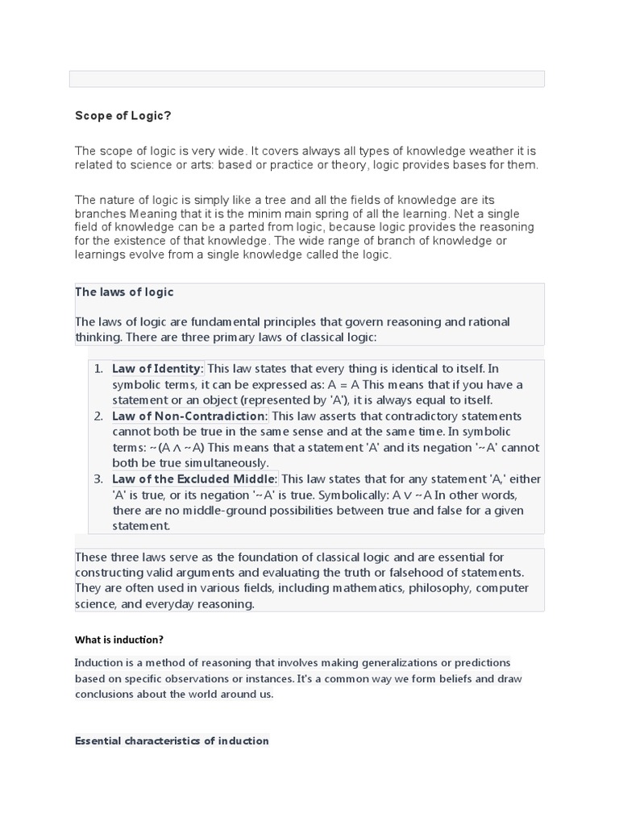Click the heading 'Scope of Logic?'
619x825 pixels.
pos(123,116)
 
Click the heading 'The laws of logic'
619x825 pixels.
pos(124,292)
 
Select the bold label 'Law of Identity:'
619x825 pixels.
pos(158,368)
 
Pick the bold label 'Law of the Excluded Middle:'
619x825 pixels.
pos(195,479)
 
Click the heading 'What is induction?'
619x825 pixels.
pos(119,640)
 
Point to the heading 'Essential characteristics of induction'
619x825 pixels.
pos(172,740)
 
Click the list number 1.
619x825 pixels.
pos(98,368)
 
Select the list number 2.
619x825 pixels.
pos(98,416)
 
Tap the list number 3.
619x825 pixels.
pos(98,479)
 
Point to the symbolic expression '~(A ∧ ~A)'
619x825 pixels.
pos(182,447)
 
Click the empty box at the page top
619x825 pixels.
pos(307,78)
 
